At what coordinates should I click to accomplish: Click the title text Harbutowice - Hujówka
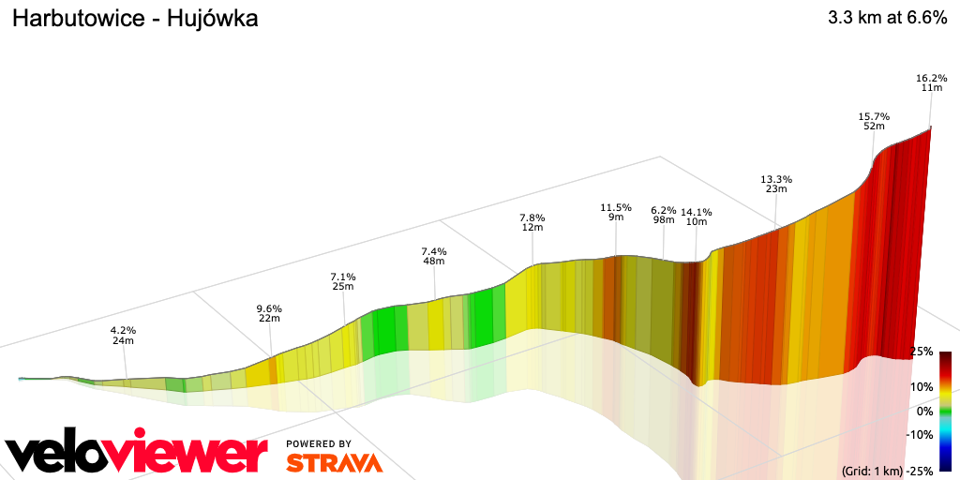pyautogui.click(x=134, y=19)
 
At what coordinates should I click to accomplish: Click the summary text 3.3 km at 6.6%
pyautogui.click(x=887, y=19)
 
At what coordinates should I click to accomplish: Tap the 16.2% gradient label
pyautogui.click(x=931, y=77)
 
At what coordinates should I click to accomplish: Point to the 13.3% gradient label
pyautogui.click(x=776, y=178)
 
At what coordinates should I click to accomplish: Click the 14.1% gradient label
pyautogui.click(x=697, y=212)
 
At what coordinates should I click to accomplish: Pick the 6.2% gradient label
pyautogui.click(x=664, y=210)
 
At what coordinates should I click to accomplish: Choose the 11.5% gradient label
pyautogui.click(x=616, y=207)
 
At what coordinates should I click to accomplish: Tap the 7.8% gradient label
pyautogui.click(x=532, y=217)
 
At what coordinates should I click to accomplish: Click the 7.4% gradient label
pyautogui.click(x=434, y=251)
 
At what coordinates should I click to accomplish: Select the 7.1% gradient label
pyautogui.click(x=343, y=277)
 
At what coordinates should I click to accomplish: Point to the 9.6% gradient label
pyautogui.click(x=269, y=308)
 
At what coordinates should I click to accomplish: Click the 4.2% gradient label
pyautogui.click(x=124, y=330)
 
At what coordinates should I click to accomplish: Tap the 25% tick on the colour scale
pyautogui.click(x=922, y=352)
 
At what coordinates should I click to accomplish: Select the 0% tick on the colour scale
pyautogui.click(x=925, y=411)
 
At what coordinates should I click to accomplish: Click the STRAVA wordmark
pyautogui.click(x=334, y=462)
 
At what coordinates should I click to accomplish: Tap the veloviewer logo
pyautogui.click(x=137, y=455)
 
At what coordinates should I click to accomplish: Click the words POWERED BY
pyautogui.click(x=319, y=443)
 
